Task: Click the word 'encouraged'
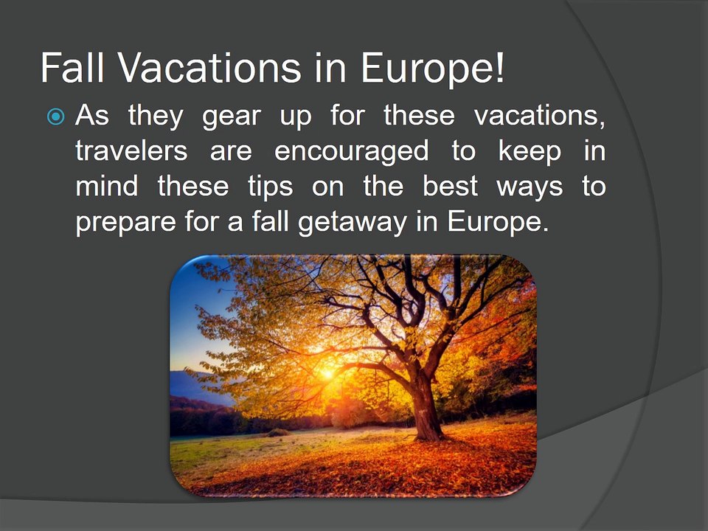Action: click(352, 151)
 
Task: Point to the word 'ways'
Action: click(530, 187)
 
